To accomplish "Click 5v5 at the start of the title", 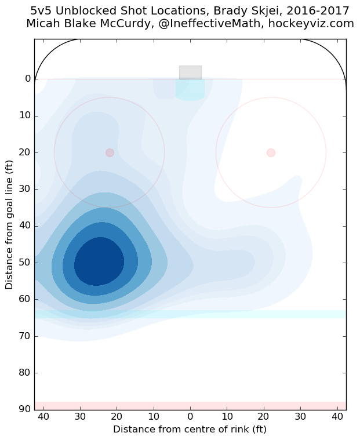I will pyautogui.click(x=43, y=11).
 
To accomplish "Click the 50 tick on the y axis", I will pyautogui.click(x=24, y=263).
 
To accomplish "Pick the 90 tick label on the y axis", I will pyautogui.click(x=24, y=409).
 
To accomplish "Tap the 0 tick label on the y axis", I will pyautogui.click(x=27, y=79).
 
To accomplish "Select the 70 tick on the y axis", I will pyautogui.click(x=24, y=336).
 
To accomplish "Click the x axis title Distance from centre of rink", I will pyautogui.click(x=190, y=430).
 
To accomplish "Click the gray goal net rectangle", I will pyautogui.click(x=190, y=72).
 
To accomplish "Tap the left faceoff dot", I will pyautogui.click(x=110, y=152).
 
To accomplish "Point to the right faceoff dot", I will pyautogui.click(x=271, y=152).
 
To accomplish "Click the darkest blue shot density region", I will pyautogui.click(x=99, y=261).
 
